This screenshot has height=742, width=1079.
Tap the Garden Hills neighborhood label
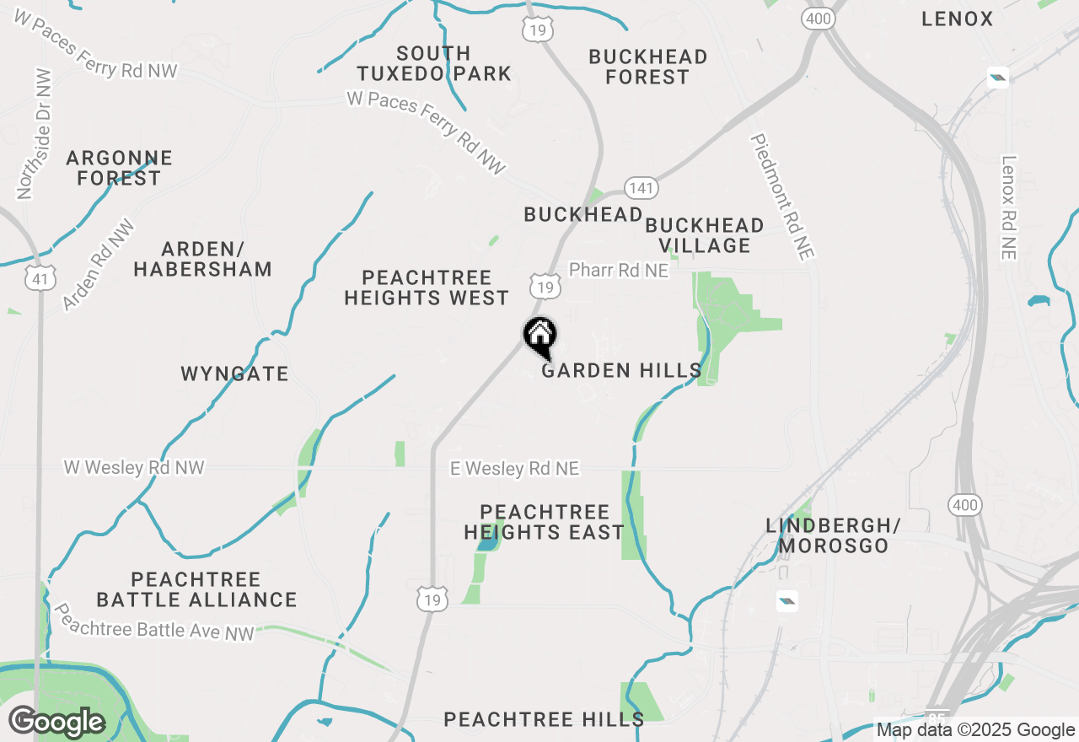coord(621,370)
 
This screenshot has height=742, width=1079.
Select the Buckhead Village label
coord(704,235)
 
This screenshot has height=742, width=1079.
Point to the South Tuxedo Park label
coord(433,64)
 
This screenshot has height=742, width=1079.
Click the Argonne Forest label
coord(119,168)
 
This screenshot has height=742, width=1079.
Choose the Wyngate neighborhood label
coord(234,374)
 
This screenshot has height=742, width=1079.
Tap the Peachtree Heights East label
coord(544,522)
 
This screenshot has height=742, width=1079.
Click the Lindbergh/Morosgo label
coord(833,535)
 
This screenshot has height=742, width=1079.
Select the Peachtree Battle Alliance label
coord(196,589)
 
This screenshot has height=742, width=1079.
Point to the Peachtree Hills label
coord(544,719)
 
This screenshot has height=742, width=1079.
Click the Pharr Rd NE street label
coord(618,270)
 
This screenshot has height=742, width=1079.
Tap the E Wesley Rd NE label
coord(514,468)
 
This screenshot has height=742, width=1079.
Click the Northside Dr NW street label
coord(34,135)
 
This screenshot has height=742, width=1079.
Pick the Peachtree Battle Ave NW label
coord(153,622)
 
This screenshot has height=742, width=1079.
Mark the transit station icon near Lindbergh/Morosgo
coord(786,601)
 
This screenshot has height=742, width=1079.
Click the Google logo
coord(56,722)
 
